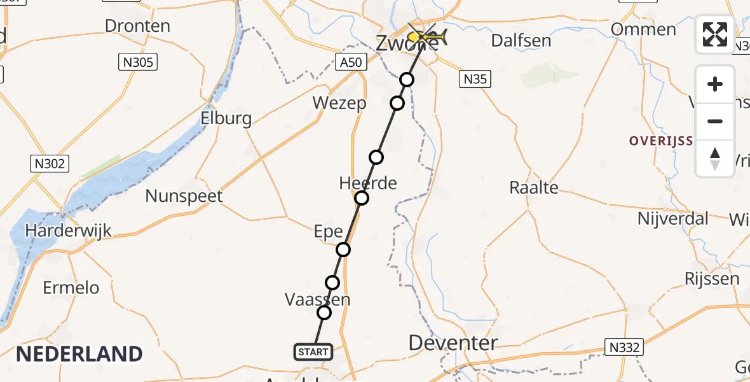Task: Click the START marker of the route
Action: click(x=313, y=351)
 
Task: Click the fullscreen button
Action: click(x=715, y=34)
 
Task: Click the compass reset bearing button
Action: click(x=715, y=159)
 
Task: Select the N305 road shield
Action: click(x=138, y=62)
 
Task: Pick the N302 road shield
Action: click(x=49, y=164)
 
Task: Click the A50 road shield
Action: click(x=351, y=62)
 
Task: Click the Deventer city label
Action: click(x=453, y=343)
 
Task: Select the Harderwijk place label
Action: click(x=68, y=230)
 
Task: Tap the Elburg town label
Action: click(x=226, y=118)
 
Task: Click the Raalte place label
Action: click(x=534, y=187)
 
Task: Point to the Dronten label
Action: click(x=137, y=26)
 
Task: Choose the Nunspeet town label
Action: click(x=184, y=195)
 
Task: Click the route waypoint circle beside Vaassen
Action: click(x=324, y=313)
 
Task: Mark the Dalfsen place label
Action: click(x=521, y=41)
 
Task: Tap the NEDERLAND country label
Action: click(x=79, y=353)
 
